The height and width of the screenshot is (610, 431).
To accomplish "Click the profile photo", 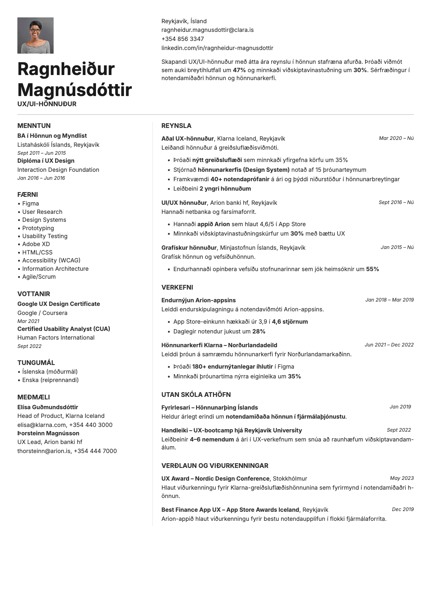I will coord(35,36).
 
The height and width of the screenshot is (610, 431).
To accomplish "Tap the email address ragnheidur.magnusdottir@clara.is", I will coord(207,30).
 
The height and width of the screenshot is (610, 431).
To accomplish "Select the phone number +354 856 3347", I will coord(183,39).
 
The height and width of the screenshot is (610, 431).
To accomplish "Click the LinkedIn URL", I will coord(217,48).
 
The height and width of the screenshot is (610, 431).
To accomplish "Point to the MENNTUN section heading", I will coord(34,126).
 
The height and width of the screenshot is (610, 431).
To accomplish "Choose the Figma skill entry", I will coord(30,204).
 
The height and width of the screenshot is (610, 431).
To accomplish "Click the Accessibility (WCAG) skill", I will coord(51,261).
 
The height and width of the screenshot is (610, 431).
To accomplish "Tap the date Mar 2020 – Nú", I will coord(396,138).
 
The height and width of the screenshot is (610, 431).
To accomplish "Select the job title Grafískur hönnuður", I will coord(189,248).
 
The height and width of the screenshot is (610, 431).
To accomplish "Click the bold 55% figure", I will coord(372,269).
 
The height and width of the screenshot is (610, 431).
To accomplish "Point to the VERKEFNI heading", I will coord(177,287).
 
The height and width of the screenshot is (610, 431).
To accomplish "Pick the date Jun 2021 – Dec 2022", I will coord(389,345).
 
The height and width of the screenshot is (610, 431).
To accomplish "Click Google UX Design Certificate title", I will coord(59,304).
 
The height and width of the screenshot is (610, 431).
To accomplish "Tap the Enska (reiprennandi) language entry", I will coord(50,380).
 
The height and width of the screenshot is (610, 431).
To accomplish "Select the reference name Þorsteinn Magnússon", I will coord(48,433).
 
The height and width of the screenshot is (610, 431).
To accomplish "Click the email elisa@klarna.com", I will coord(42,425).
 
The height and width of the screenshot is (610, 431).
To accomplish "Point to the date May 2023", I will coord(402,478).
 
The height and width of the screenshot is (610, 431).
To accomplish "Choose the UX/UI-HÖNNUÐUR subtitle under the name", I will coord(47,104).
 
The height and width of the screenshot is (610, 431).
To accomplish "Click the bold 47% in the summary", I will coord(239,70).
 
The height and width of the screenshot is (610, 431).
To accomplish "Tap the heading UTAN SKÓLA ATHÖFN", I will coord(196,395).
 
